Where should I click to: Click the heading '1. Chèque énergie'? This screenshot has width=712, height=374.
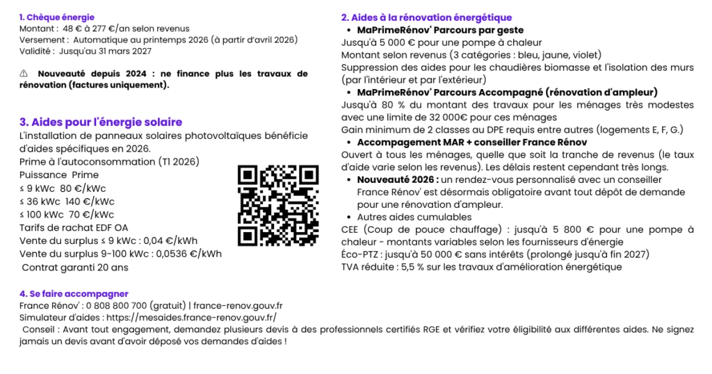point(57,17)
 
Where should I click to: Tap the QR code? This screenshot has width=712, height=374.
point(278,205)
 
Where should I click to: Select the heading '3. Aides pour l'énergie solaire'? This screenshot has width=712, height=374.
point(101,122)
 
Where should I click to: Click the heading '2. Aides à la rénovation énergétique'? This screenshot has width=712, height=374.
point(426,17)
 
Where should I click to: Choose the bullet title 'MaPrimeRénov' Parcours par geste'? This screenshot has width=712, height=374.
point(440,30)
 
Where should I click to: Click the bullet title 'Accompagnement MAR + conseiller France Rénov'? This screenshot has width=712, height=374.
point(472,142)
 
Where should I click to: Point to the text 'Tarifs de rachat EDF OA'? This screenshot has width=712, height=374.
point(74,227)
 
